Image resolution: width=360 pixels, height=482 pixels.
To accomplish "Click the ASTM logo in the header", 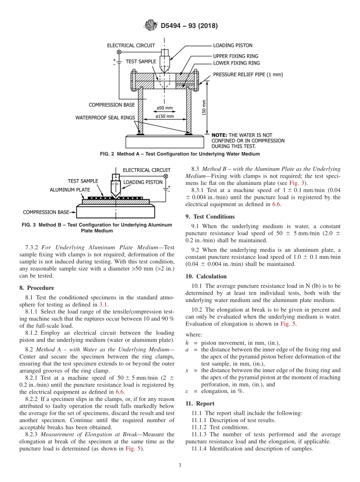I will pos(151,26).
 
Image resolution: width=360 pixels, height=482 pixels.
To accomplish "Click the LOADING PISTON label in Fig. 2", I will pos(232,45).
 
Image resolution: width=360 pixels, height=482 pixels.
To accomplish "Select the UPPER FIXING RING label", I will pos(236,56).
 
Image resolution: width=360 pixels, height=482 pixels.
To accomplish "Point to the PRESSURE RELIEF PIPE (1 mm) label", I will pos(248,75).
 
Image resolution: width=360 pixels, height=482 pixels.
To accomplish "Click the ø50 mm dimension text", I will pos(164,108).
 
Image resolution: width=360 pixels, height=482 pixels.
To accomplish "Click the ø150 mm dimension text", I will pos(164,116).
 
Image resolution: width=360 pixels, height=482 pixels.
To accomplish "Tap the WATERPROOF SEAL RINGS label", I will pos(105,117).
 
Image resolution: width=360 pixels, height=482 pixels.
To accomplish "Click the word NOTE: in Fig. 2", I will pos(219,135).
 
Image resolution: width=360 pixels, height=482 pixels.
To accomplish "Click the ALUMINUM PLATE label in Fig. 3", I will pos(70,189).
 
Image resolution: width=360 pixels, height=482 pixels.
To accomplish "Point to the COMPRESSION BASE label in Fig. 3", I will pos(46,212).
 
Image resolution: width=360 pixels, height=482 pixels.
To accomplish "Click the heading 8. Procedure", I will pos(36,288).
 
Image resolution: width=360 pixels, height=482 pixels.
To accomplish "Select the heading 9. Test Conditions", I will pos(210,216).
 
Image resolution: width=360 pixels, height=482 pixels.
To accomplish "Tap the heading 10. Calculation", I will pos(206,276).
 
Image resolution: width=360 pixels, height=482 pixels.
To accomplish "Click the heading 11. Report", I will pos(200,404).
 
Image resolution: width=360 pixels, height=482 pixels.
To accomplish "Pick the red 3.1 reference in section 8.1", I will pos(103,304).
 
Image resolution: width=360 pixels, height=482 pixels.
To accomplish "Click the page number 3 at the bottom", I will pos(180,465).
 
